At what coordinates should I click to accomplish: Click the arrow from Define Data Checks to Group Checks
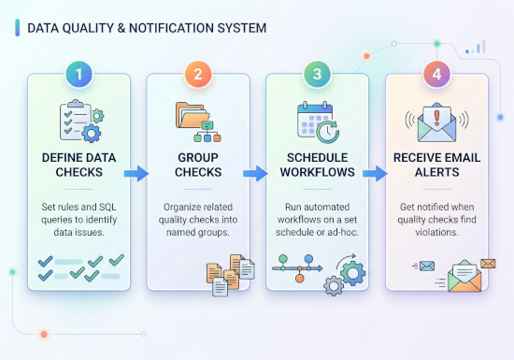coord(136,173)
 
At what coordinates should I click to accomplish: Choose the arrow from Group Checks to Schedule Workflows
coord(255,173)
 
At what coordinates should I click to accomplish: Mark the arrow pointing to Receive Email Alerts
coord(375,173)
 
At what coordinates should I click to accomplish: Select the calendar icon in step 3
coord(311,120)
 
